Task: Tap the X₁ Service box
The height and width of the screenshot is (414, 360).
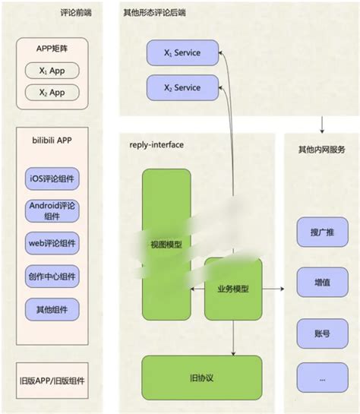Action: coord(182,53)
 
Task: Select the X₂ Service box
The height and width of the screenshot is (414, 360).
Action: coord(182,88)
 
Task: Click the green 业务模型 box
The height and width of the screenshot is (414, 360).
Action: coord(233,289)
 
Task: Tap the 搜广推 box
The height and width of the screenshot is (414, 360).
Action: coord(317,232)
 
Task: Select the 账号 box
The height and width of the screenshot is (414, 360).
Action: coord(317,332)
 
